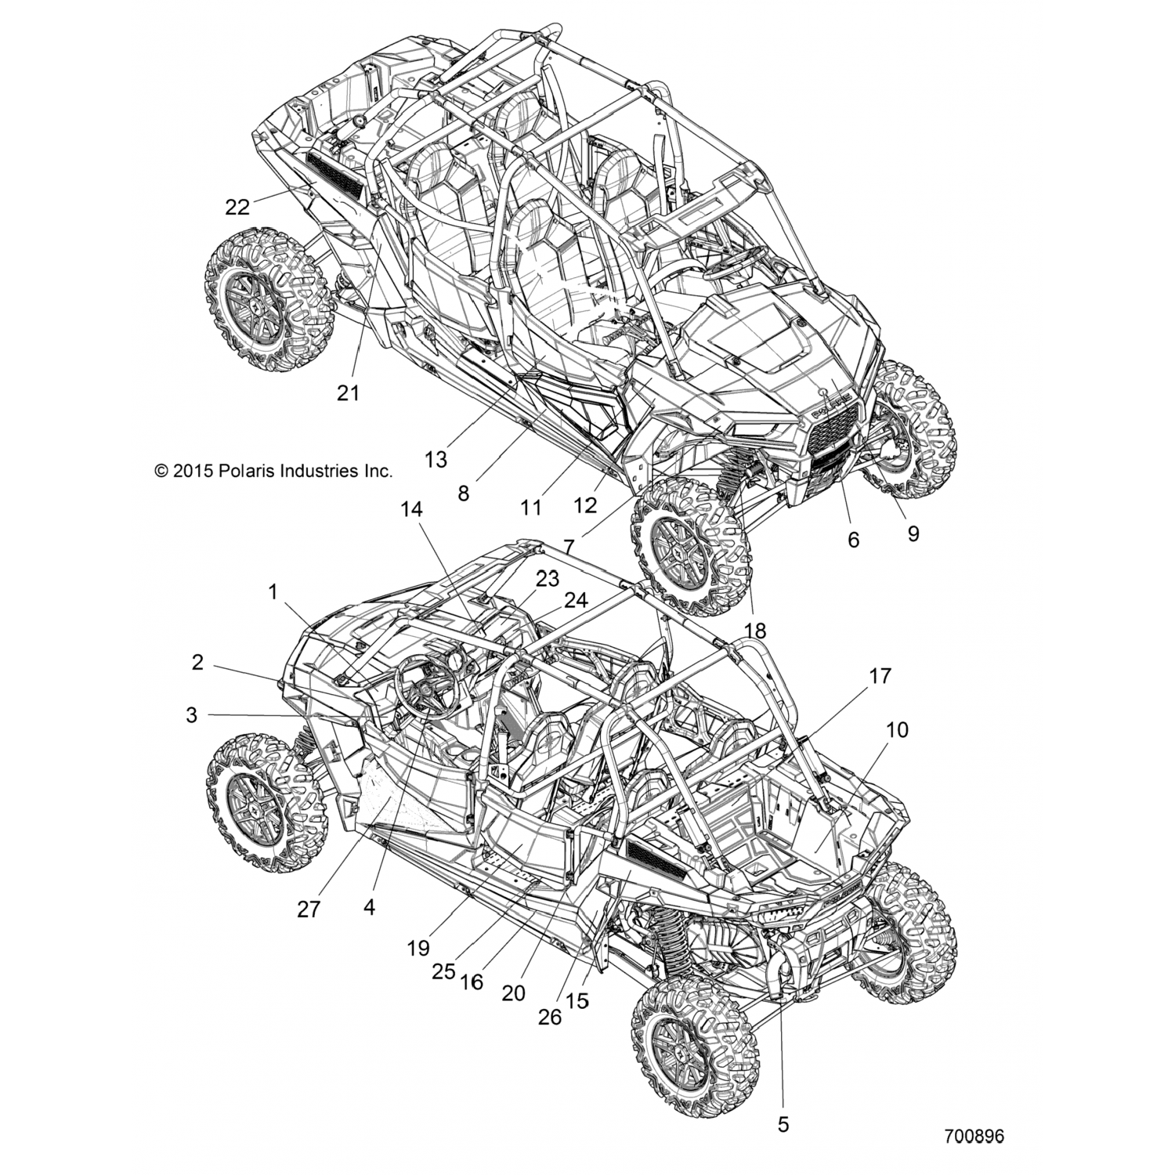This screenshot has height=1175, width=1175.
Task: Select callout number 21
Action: pyautogui.click(x=348, y=392)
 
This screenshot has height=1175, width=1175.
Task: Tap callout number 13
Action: pyautogui.click(x=436, y=459)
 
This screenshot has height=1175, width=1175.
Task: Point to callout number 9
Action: pyautogui.click(x=913, y=533)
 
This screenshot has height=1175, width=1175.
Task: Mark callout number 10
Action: pyautogui.click(x=897, y=730)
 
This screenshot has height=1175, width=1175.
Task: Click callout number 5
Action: pyautogui.click(x=783, y=1125)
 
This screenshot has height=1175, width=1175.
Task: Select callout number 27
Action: pyautogui.click(x=309, y=909)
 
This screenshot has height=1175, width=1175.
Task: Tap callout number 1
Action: pyautogui.click(x=273, y=592)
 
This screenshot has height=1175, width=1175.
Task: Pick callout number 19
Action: pyautogui.click(x=418, y=949)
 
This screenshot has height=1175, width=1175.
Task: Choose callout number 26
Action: pyautogui.click(x=550, y=1016)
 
